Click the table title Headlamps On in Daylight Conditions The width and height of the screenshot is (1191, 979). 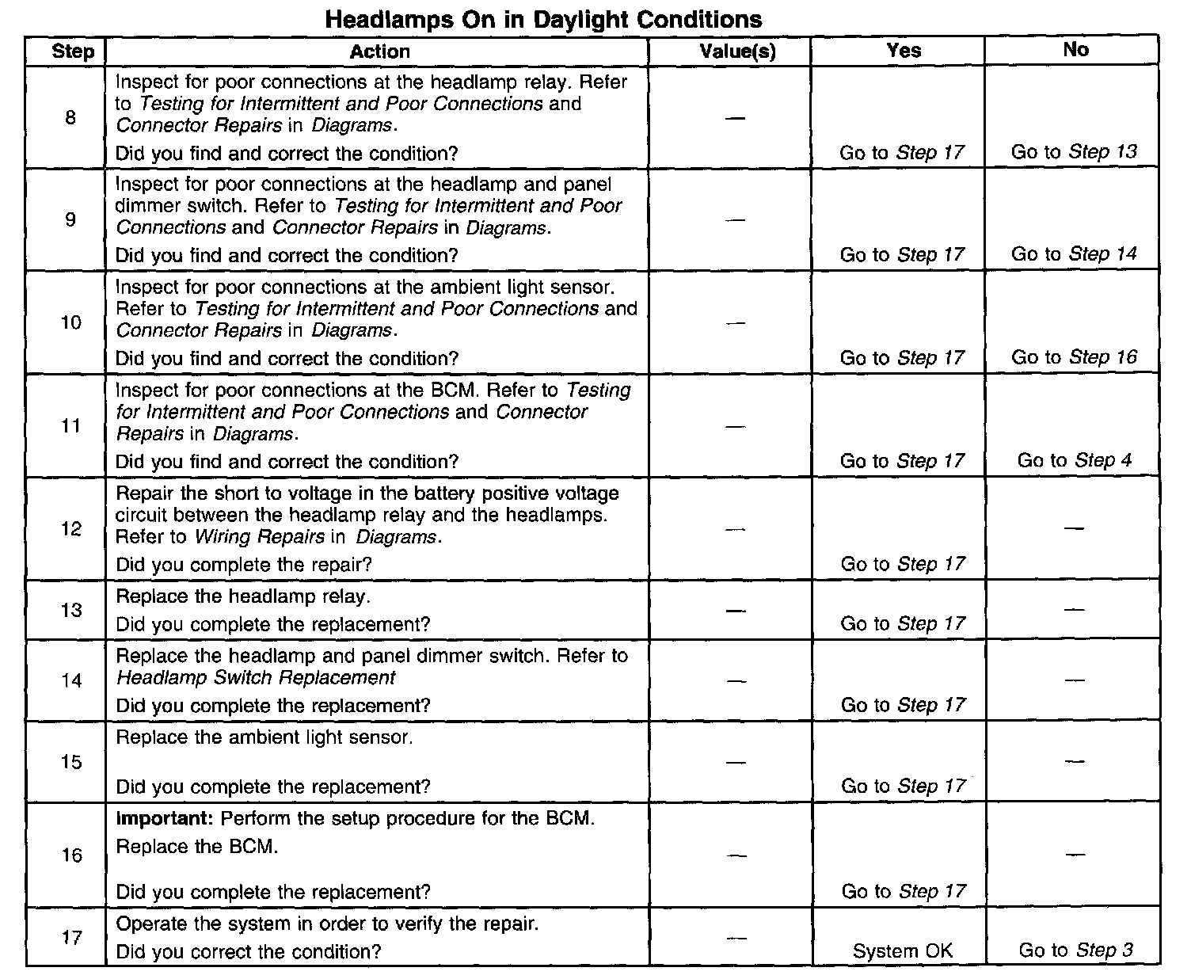pos(543,19)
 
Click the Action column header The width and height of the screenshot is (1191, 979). pos(379,51)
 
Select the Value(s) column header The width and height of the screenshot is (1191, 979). pos(737,51)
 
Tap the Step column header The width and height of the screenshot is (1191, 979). pos(73,51)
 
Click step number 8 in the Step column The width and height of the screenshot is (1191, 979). pos(70,118)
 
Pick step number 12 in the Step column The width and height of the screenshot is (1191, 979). pos(71,529)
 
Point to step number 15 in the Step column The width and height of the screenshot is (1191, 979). pos(71,762)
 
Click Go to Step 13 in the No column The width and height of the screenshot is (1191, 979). pos(1074,152)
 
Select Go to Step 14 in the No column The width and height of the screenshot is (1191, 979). pos(1074,254)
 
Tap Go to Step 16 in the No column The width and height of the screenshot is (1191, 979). pos(1074,357)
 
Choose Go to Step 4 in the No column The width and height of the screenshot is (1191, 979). pos(1074,460)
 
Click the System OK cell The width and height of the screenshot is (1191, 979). pos(902,950)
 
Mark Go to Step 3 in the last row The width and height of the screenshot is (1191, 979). pos(1075,950)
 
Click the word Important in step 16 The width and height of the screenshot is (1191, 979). pos(163,818)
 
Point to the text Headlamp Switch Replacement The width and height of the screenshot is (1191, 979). pos(256,678)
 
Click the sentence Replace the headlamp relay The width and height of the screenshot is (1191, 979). pos(243,596)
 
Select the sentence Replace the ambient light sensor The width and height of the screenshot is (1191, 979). pos(264,737)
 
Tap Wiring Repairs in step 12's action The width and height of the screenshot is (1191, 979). pos(259,537)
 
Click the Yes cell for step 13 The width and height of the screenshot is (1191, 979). pos(903,624)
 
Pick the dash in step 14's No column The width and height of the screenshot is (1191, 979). pos(1074,680)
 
